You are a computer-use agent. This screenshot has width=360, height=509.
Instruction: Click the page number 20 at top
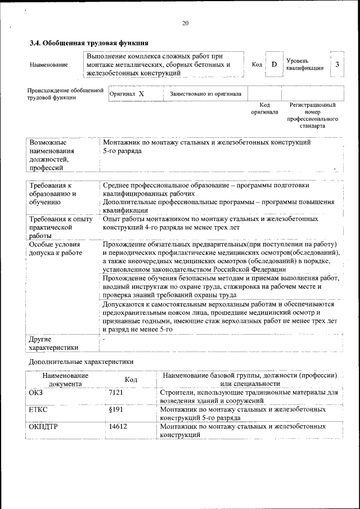coord(186,23)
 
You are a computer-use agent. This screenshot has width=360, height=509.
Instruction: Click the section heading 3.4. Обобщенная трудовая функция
coord(89,42)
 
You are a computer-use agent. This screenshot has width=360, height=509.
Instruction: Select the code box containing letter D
coord(274,64)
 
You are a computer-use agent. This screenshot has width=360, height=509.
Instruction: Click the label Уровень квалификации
coord(304,64)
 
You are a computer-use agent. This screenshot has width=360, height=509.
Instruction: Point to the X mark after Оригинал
coord(141,94)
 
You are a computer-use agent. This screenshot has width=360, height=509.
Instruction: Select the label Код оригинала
coord(264,109)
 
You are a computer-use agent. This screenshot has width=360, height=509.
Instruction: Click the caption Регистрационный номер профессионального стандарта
coord(312,115)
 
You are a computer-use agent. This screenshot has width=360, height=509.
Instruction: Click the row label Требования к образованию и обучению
coord(53,193)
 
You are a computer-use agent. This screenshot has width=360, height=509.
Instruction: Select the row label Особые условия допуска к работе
coord(55,249)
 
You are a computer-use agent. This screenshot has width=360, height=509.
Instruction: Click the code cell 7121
coord(116,392)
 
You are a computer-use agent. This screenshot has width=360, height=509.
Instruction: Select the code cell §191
coord(116,410)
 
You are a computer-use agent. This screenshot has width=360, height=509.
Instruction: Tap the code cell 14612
coord(118,427)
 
